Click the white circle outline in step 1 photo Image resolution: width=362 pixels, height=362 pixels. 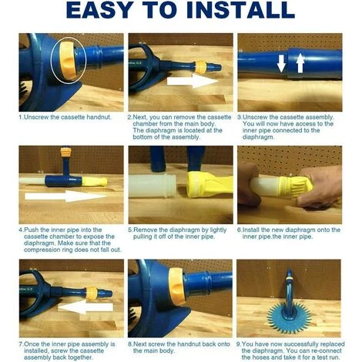(x=51, y=59)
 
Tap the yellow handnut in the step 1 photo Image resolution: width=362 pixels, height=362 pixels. (x=68, y=60)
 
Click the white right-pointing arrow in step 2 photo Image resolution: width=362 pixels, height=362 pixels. (x=193, y=81)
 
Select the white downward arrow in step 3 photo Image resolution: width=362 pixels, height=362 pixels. (x=281, y=63)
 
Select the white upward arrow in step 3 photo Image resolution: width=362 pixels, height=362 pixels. (x=300, y=62)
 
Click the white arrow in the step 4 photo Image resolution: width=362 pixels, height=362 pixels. (x=65, y=196)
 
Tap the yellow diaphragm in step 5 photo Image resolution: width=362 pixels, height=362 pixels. (x=209, y=184)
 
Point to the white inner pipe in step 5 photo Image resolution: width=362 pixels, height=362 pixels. (x=153, y=186)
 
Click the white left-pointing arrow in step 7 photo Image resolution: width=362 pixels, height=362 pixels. (x=85, y=307)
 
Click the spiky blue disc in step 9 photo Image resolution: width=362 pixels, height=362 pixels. (x=290, y=314)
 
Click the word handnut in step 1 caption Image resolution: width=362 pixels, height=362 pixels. (x=99, y=117)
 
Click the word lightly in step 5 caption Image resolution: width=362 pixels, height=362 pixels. (x=218, y=230)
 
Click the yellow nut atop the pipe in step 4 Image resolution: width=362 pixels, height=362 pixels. (x=65, y=153)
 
